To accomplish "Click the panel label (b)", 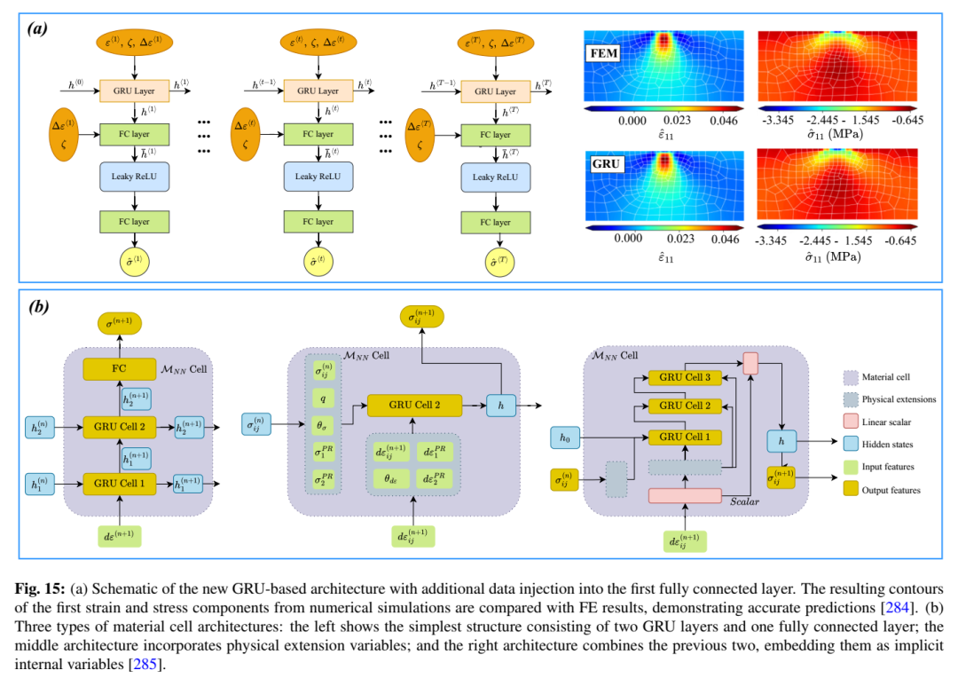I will (x=38, y=306).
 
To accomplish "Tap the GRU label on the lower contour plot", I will (x=607, y=165).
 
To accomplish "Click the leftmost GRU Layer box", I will (x=133, y=91).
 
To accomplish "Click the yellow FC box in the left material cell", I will (x=119, y=367).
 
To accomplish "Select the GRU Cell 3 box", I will (x=685, y=377).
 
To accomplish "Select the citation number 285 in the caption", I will (x=144, y=664).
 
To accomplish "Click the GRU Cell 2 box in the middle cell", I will (x=414, y=405).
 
